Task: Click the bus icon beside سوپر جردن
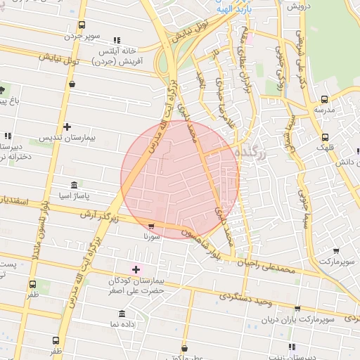coord(82,25)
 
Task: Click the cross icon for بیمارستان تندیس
coord(67,127)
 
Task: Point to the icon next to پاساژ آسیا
coord(75,184)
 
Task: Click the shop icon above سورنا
coord(152,226)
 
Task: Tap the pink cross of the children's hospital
coord(136,269)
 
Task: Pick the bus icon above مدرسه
coord(324,99)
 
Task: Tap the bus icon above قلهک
coord(325,138)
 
